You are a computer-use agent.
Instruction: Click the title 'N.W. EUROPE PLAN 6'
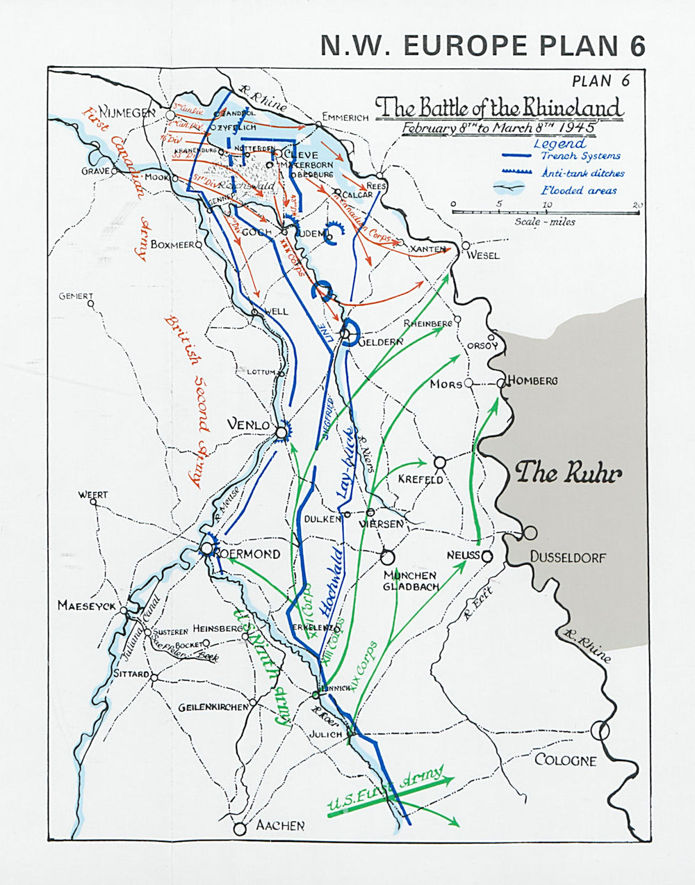pyautogui.click(x=482, y=45)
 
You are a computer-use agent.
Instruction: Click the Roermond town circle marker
pyautogui.click(x=206, y=548)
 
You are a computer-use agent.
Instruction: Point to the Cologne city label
pyautogui.click(x=565, y=760)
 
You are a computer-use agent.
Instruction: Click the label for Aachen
pyautogui.click(x=280, y=826)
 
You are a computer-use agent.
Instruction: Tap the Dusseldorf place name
pyautogui.click(x=568, y=557)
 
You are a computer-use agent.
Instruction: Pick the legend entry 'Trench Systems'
pyautogui.click(x=580, y=157)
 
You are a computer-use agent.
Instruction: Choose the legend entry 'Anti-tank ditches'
pyautogui.click(x=582, y=173)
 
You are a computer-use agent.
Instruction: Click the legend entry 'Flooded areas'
pyautogui.click(x=579, y=191)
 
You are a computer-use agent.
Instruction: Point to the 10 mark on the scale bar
pyautogui.click(x=548, y=205)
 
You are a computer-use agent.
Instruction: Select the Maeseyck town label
pyautogui.click(x=86, y=606)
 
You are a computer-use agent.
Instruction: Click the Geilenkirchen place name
pyautogui.click(x=213, y=707)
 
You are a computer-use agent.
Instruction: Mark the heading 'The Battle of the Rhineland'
pyautogui.click(x=499, y=108)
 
